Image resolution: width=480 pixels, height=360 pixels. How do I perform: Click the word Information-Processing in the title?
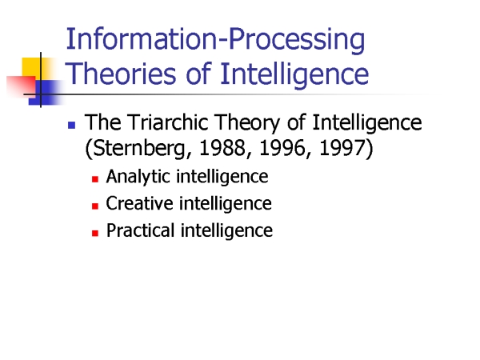coord(215,41)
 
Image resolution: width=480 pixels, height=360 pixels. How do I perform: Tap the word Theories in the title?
coord(121,74)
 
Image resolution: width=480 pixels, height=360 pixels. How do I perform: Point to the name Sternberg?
coord(138,149)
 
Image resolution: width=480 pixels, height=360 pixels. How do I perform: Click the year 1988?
coord(222,148)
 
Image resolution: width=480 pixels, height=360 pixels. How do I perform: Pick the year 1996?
coord(282,148)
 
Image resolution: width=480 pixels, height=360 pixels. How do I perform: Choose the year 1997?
coord(342,148)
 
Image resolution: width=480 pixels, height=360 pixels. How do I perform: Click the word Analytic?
coord(138,177)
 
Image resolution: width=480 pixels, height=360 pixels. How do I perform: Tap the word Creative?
coord(139,203)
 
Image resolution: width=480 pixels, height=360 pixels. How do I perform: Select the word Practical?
coord(140,230)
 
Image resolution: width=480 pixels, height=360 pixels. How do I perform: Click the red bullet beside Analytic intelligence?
coord(95,179)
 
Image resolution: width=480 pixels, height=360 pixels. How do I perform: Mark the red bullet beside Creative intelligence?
coord(95,206)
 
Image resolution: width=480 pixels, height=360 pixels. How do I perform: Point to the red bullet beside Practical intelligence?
coord(95,233)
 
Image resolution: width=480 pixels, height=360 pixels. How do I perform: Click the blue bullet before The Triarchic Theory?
coord(72,126)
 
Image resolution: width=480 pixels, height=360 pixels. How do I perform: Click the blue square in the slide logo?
coord(46,93)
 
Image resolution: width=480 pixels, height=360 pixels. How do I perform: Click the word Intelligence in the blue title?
coord(294,74)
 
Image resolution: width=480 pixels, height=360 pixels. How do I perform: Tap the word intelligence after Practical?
coord(226,231)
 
